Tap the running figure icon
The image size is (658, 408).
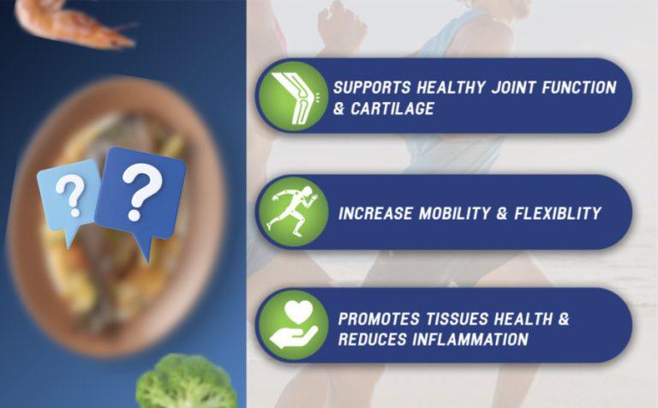pos(293,211)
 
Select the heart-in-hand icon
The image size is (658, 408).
pos(294,325)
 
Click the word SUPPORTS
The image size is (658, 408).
pos(372,87)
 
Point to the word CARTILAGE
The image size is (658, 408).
pos(392,109)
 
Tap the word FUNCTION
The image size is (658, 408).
pos(578,87)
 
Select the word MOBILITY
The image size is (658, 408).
pos(454,213)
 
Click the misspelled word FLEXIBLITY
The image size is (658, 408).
pos(558,213)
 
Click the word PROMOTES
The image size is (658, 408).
pos(379,319)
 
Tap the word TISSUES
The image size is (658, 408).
pos(457,319)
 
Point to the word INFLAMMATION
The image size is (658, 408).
pos(470,339)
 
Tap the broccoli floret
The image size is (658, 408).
pos(186,381)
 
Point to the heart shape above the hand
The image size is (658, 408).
pos(298,312)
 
